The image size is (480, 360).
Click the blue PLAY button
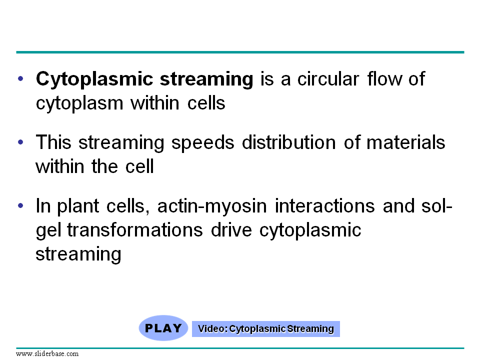click(163, 328)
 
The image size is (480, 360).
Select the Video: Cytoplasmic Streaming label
click(265, 329)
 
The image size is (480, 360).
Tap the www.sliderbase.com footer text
click(47, 354)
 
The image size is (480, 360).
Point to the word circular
click(328, 79)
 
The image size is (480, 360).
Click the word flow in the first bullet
click(384, 78)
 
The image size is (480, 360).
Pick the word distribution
click(289, 142)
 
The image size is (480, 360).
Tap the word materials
click(405, 142)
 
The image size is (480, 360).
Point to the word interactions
click(325, 206)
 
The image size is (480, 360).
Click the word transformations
click(135, 230)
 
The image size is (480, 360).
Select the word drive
click(231, 230)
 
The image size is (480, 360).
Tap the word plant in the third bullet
click(78, 206)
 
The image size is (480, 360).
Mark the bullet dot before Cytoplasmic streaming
click(20, 78)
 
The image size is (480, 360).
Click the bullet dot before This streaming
click(20, 142)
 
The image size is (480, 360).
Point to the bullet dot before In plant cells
click(20, 205)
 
